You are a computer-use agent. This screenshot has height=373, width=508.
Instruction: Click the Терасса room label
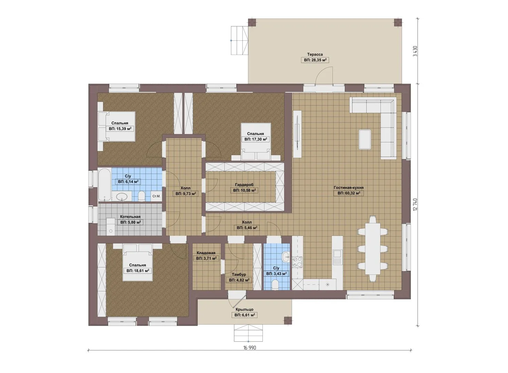315,55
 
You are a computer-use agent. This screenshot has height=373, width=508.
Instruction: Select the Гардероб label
244,185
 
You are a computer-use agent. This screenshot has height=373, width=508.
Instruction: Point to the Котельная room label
130,217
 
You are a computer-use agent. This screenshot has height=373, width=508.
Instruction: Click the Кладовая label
206,253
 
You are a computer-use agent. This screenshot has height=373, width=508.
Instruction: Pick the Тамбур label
239,275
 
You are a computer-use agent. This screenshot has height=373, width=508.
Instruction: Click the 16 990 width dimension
250,348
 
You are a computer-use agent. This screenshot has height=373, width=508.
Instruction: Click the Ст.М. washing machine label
156,196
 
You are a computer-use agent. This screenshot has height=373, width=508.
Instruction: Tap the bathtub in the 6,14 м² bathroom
104,184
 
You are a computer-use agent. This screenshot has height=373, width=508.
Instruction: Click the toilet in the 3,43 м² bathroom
275,285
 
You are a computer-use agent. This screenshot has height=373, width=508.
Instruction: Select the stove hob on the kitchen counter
297,262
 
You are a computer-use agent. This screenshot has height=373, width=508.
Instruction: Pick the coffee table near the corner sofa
365,139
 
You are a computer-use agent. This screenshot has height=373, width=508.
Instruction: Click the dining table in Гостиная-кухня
372,248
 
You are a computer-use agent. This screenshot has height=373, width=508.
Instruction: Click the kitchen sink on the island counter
337,256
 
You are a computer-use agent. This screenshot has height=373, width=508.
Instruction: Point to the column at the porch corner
288,320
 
